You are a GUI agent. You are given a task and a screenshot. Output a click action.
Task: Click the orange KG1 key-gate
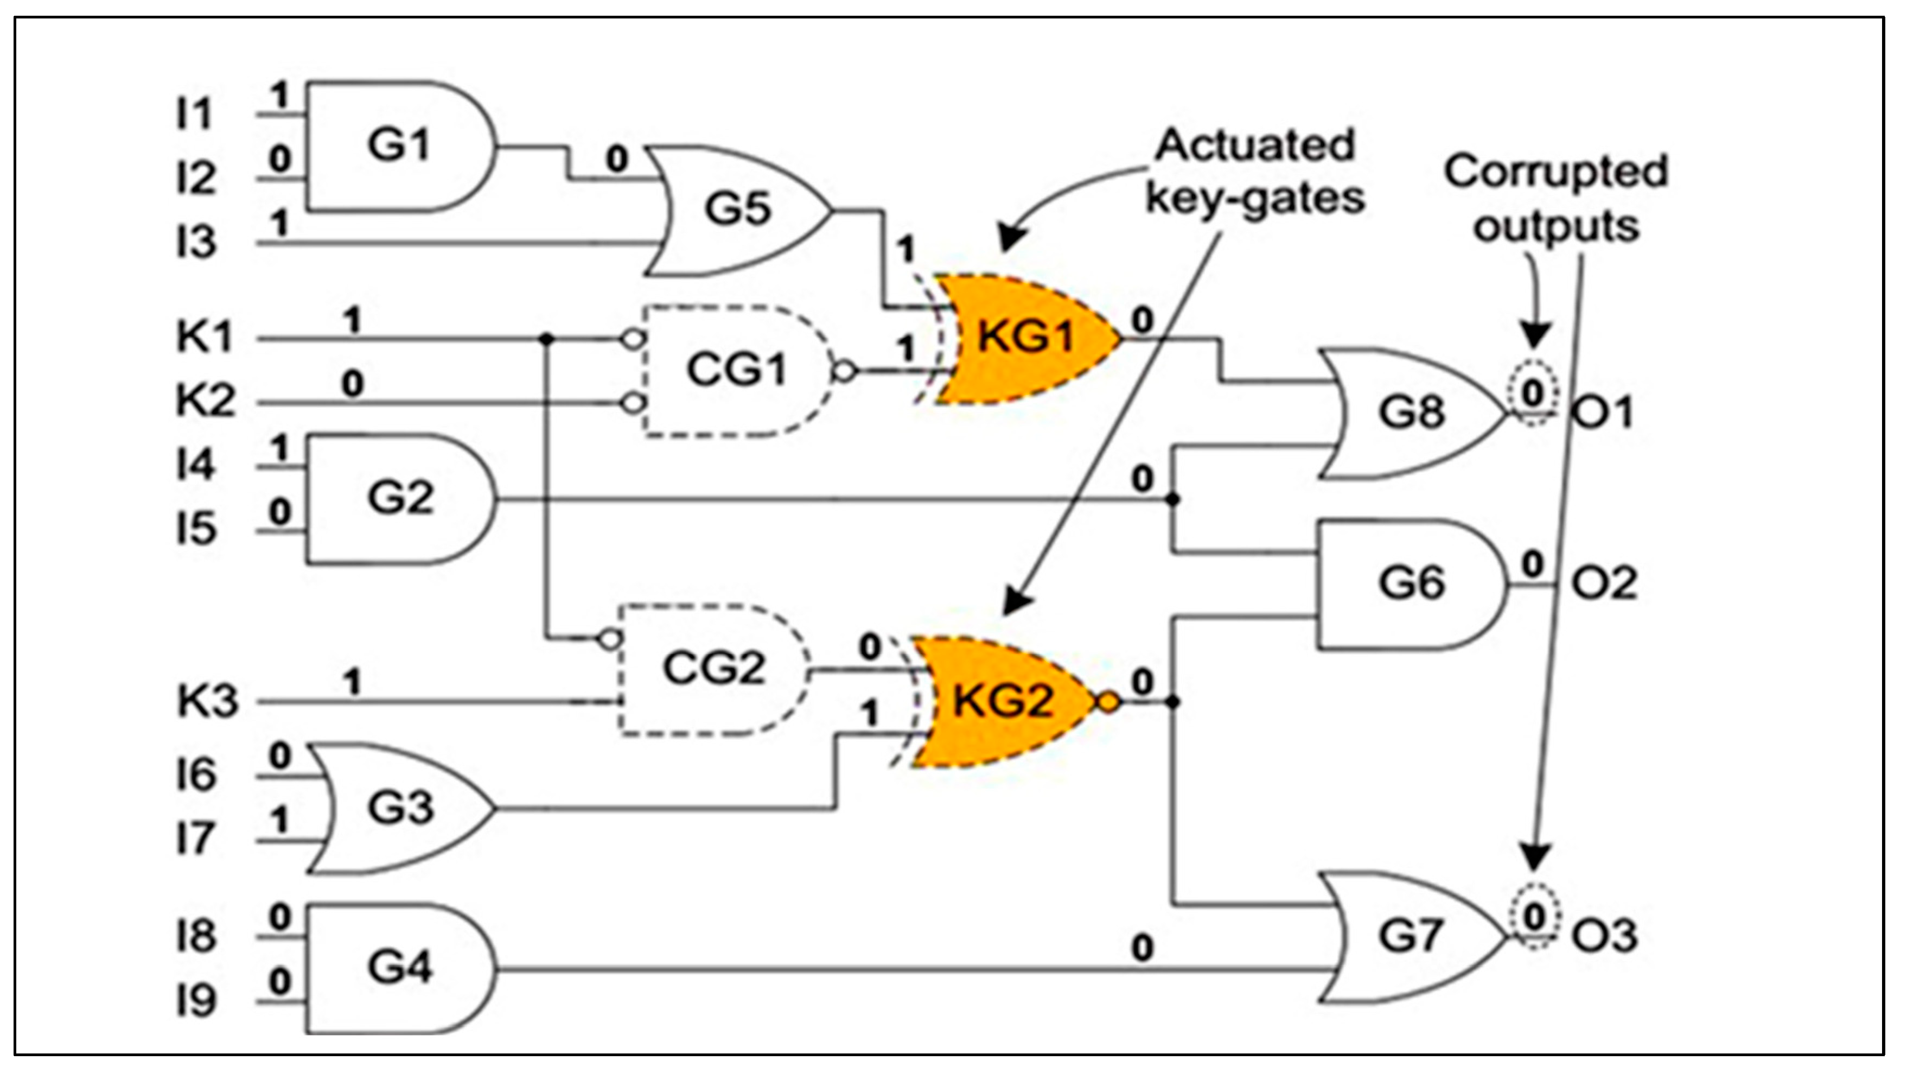[1025, 339]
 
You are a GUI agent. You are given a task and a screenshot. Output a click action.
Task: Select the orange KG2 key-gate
[1003, 701]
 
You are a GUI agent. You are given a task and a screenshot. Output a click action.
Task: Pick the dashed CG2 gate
[712, 669]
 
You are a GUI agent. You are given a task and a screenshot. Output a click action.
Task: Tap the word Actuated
[1255, 145]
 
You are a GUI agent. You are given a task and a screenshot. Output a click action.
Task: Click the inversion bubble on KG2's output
[1107, 702]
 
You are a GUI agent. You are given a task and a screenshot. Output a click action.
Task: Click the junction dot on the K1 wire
[546, 339]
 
